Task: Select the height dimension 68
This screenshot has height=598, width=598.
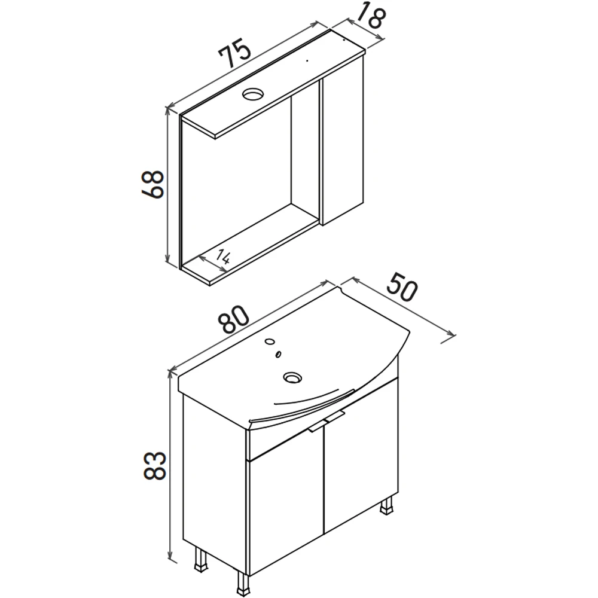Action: [x=152, y=185]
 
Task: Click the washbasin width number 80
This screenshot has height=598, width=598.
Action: [x=234, y=319]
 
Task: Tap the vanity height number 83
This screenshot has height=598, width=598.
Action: [x=154, y=465]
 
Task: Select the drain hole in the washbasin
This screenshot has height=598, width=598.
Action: [x=292, y=378]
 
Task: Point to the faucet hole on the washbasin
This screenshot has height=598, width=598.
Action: [x=270, y=341]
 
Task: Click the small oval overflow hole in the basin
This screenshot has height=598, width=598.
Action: [x=279, y=354]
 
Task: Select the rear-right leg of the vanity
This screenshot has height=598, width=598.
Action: [x=387, y=507]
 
